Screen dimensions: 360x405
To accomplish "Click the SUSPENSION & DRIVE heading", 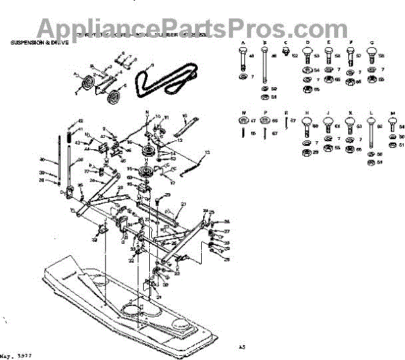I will coord(39,43).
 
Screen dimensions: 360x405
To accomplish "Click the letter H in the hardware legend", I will coord(307,113).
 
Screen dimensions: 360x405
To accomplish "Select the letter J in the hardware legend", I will coord(328,113).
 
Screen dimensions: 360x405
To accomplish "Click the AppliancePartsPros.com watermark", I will coord(182,28).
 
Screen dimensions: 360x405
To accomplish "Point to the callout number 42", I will coord(80,120).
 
